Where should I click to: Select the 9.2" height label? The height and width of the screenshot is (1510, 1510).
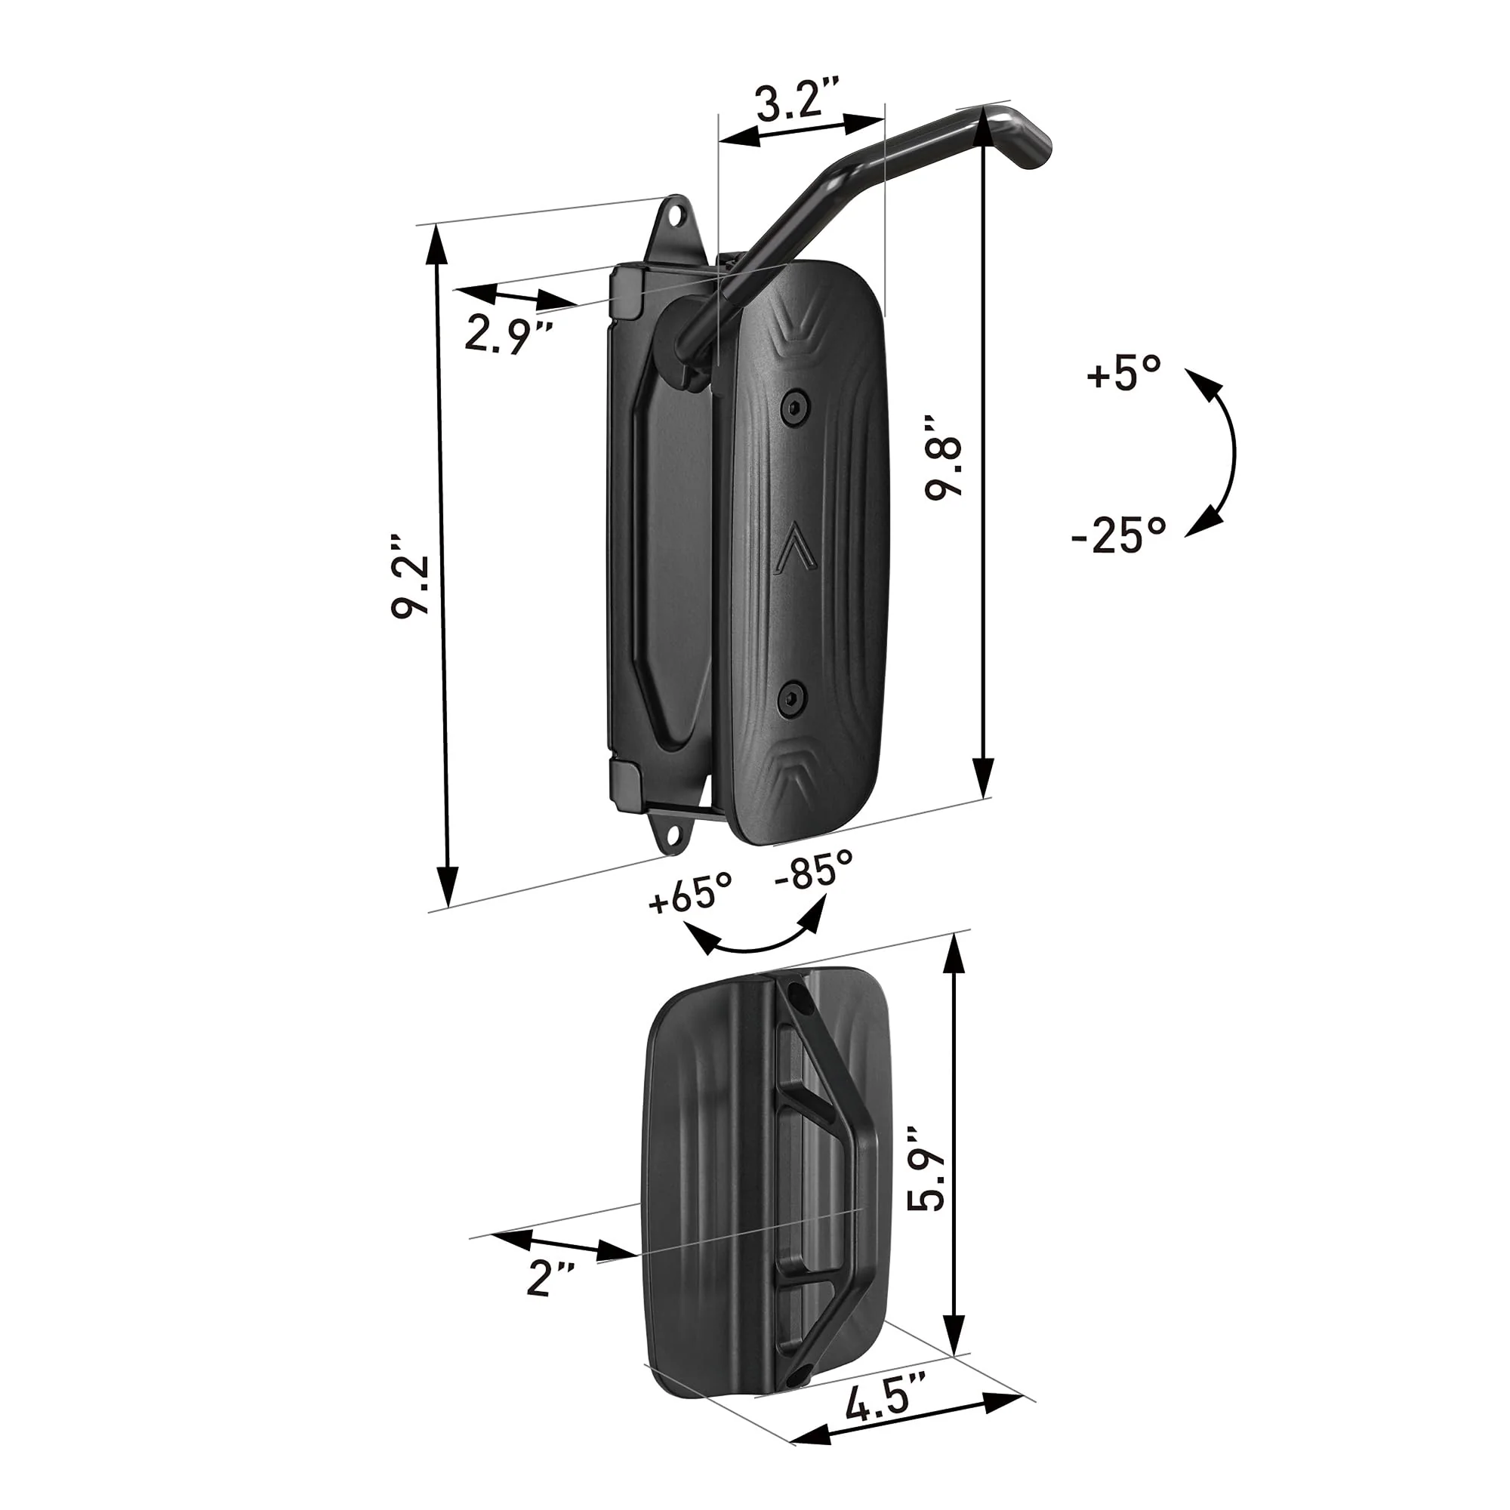click(412, 587)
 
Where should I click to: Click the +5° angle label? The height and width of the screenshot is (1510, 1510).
click(1123, 374)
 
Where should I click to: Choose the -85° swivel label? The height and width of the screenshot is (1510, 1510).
click(814, 868)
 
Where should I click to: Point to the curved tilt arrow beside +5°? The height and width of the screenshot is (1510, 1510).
click(1216, 451)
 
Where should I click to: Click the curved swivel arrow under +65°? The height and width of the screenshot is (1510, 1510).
click(755, 941)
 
